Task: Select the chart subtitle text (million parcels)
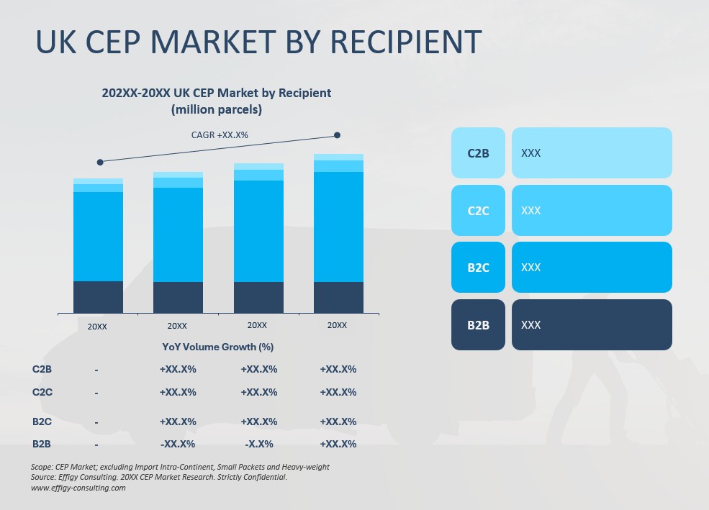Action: click(216, 110)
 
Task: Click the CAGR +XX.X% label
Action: click(220, 135)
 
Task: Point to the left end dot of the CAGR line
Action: click(100, 162)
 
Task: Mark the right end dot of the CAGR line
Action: click(337, 135)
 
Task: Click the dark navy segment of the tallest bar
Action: click(338, 297)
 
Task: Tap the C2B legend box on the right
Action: click(478, 153)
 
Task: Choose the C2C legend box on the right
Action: click(478, 211)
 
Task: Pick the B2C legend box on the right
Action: click(478, 268)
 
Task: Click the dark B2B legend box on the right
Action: click(478, 325)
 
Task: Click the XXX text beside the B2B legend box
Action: click(530, 325)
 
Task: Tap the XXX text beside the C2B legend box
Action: click(530, 153)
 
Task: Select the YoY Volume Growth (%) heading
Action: click(217, 347)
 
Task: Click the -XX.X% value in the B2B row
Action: click(177, 444)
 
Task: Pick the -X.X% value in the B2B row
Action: click(258, 444)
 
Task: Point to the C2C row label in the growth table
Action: click(42, 392)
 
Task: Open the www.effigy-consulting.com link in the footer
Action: click(78, 488)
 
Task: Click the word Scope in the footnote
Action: click(42, 467)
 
